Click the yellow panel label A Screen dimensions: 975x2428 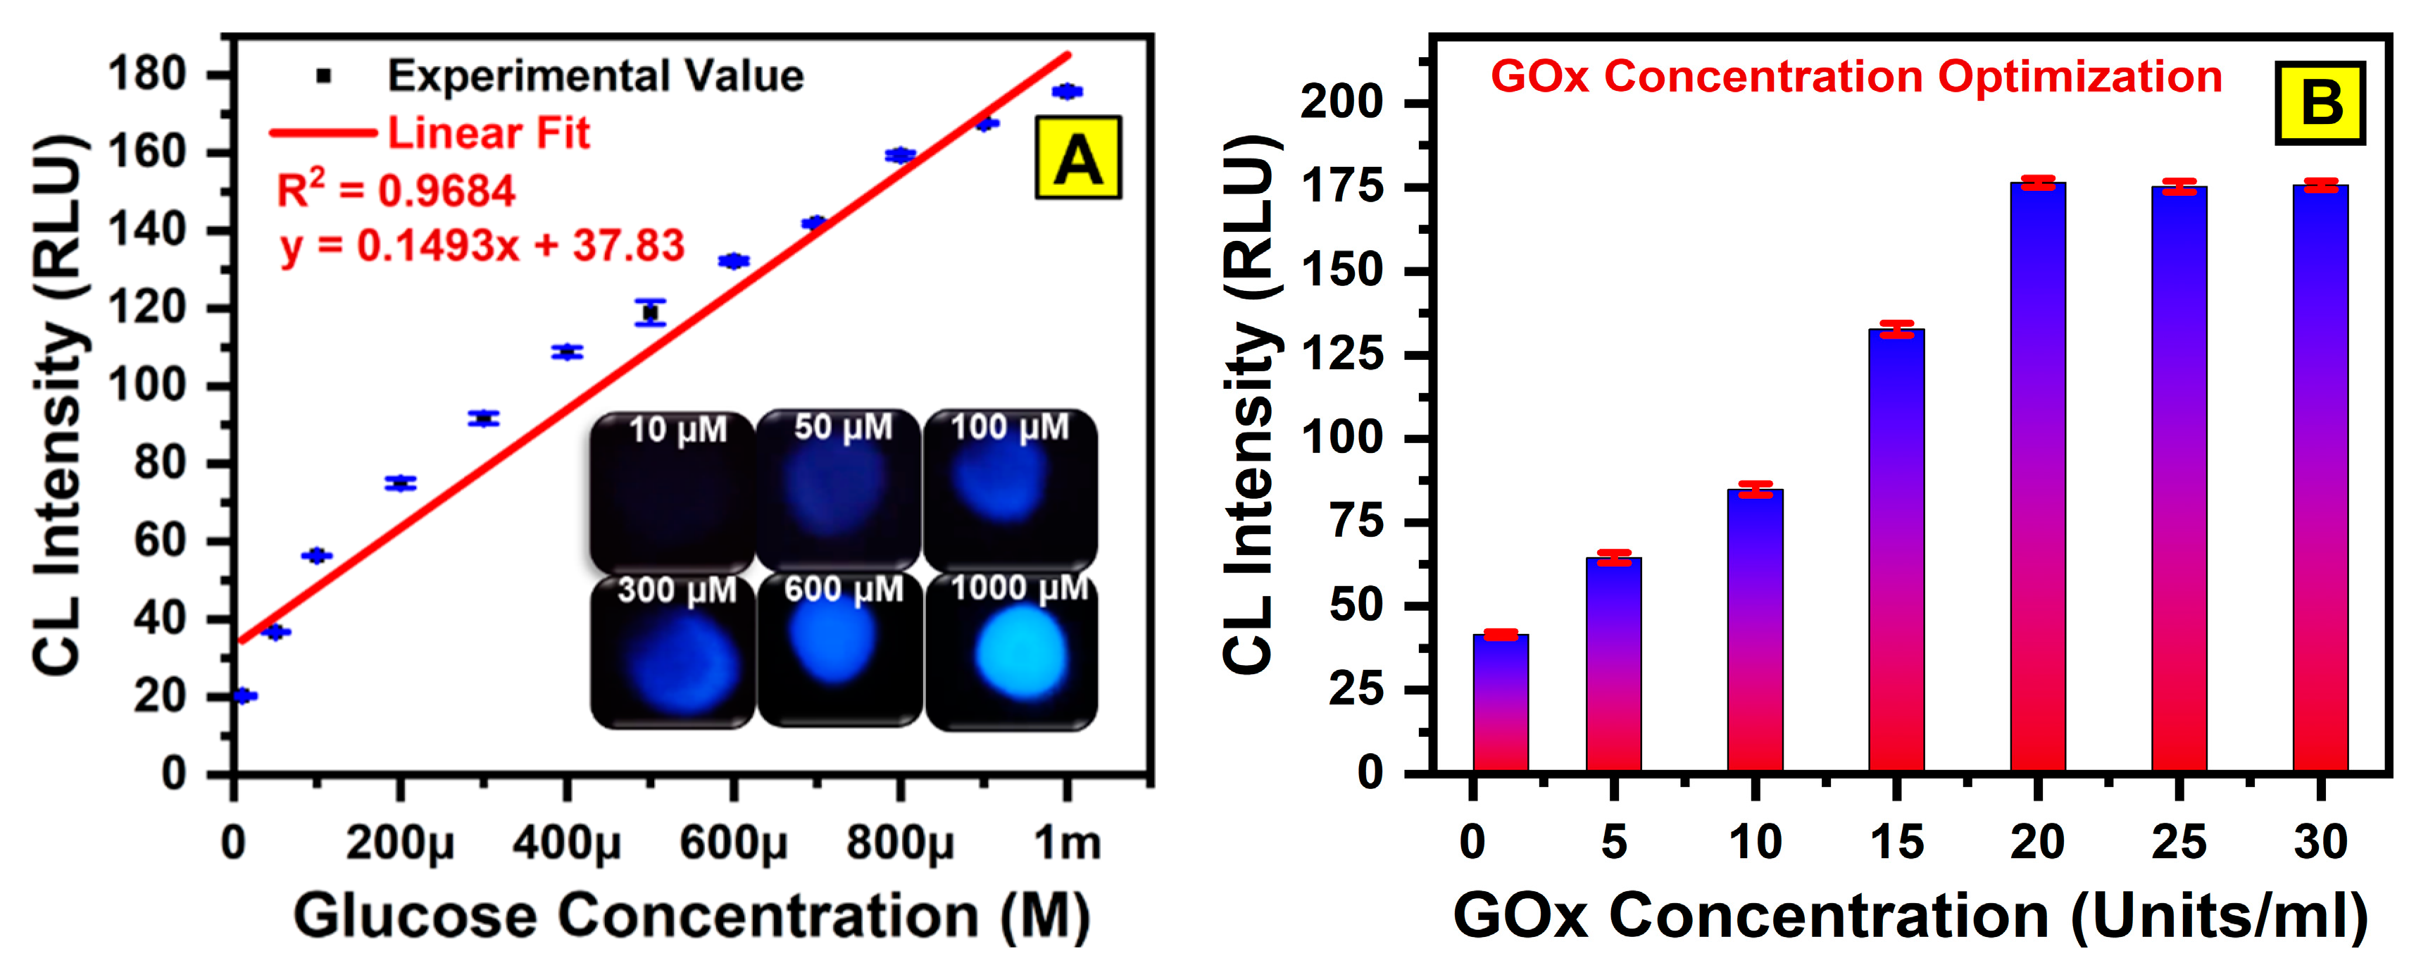tap(1078, 158)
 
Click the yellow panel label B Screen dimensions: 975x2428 tap(2320, 103)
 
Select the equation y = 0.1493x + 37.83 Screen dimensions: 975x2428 tap(482, 246)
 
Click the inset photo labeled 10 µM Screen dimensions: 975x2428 tap(673, 492)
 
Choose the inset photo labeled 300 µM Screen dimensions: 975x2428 tap(673, 652)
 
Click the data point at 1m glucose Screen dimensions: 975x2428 tap(1067, 92)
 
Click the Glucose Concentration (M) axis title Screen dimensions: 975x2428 tap(692, 916)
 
